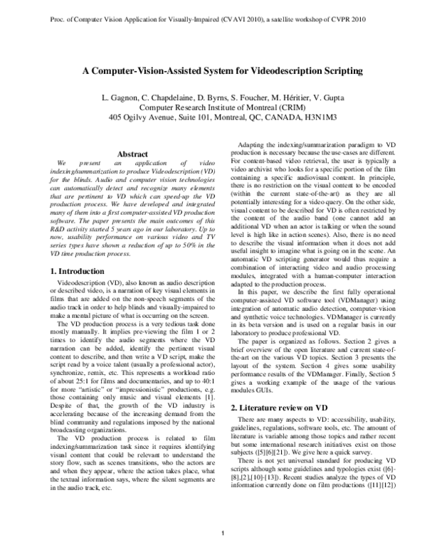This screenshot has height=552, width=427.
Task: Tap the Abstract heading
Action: [132, 154]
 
